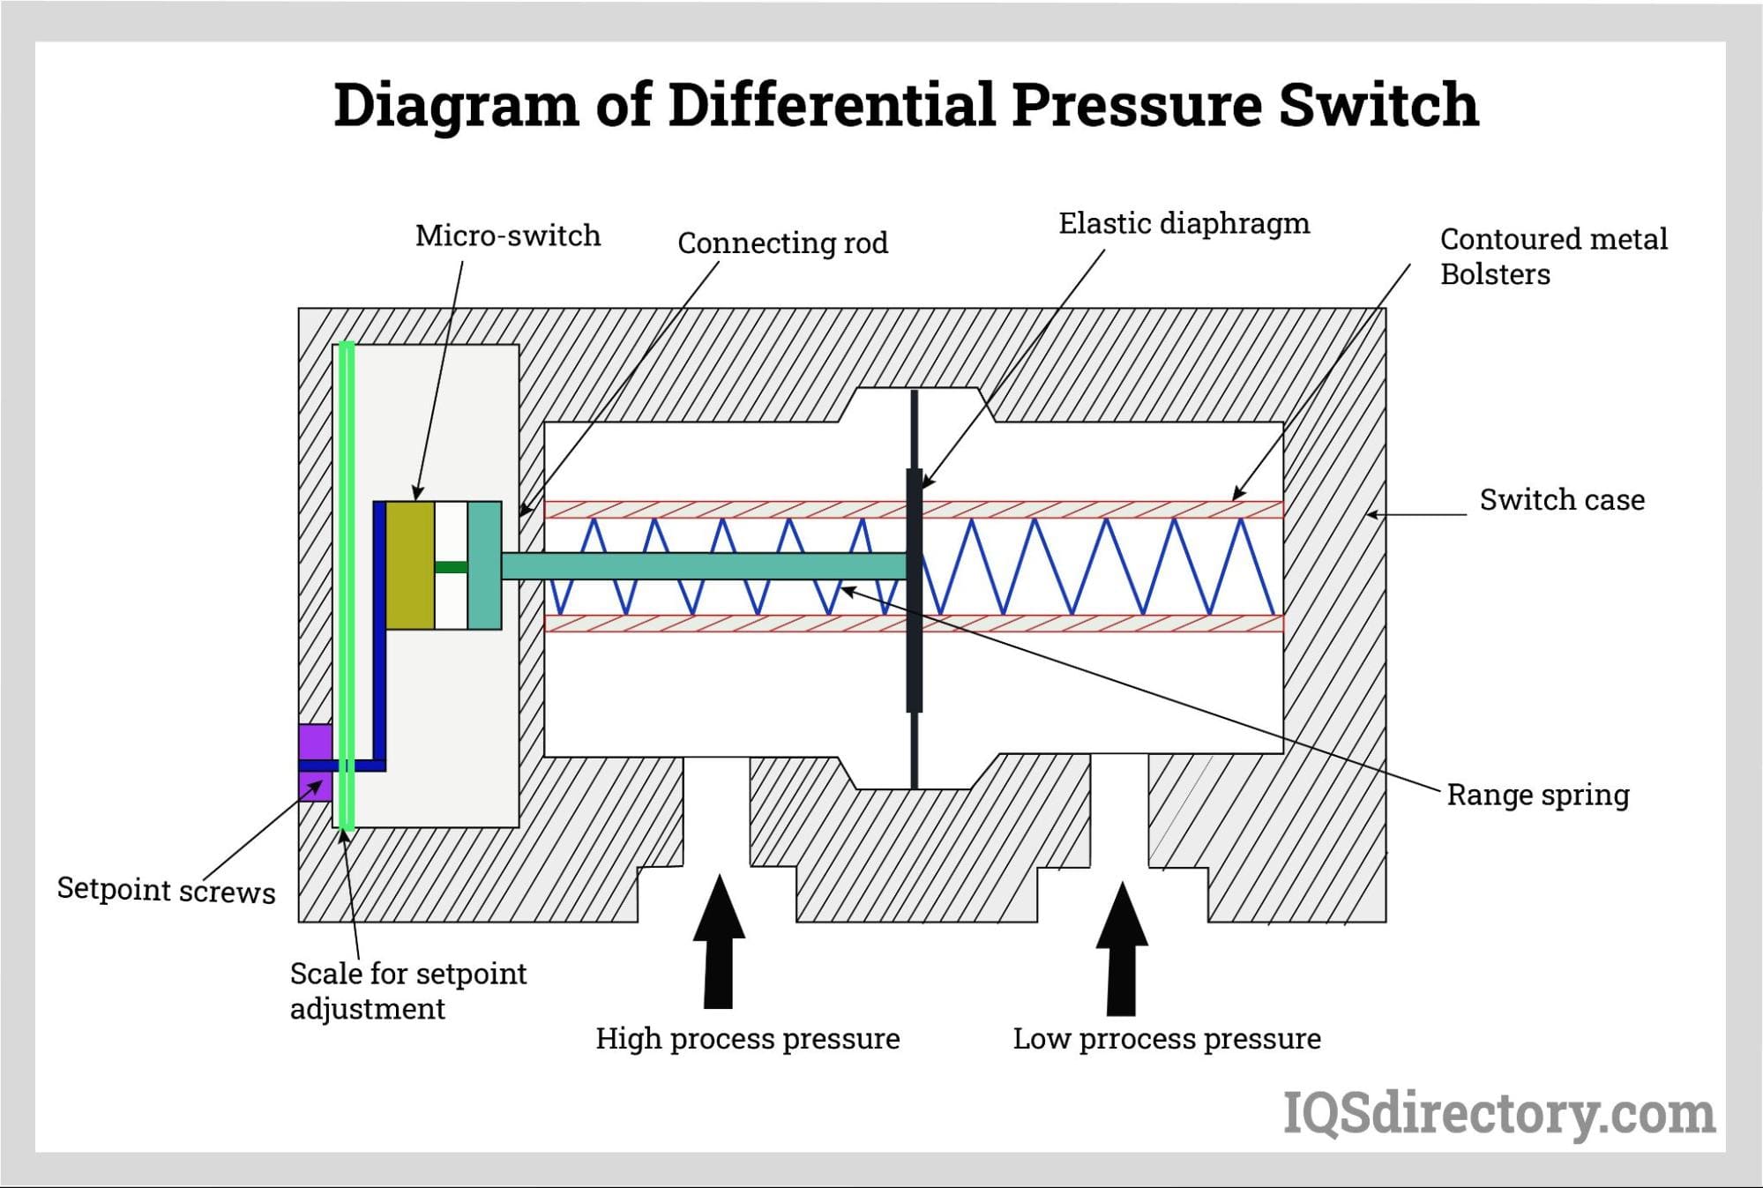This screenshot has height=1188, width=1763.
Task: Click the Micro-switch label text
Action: point(508,235)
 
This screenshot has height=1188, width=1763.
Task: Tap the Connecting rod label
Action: point(782,243)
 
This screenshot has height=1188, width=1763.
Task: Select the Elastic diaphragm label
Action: point(1184,223)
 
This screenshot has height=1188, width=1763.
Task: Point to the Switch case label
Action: point(1562,500)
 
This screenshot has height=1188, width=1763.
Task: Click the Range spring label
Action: point(1538,795)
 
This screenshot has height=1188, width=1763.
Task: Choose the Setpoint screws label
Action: point(166,890)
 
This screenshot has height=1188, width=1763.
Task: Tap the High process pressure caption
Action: point(747,1039)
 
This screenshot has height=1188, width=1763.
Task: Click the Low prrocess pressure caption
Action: point(1166,1039)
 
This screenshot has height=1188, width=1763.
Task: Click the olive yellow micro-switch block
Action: point(410,565)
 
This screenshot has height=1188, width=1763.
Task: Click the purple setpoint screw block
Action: point(315,742)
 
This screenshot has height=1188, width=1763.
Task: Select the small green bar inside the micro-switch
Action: point(451,567)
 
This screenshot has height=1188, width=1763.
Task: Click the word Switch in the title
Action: point(1378,105)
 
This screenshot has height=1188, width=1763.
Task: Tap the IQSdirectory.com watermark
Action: point(1498,1114)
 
